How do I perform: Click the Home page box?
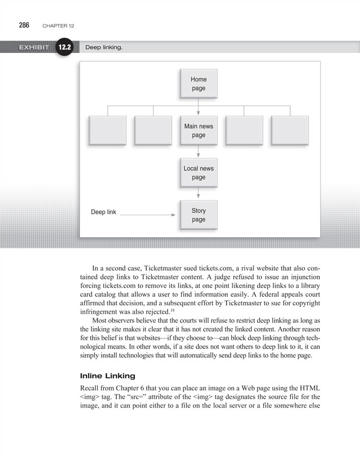(x=199, y=83)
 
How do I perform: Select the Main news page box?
(x=199, y=131)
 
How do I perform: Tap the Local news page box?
(x=199, y=173)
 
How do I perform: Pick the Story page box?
(x=199, y=215)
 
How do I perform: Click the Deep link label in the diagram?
(x=103, y=212)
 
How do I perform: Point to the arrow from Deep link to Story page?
(x=148, y=215)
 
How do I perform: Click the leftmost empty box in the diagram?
(x=107, y=131)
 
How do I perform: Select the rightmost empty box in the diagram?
(x=290, y=131)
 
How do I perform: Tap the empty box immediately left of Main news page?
(x=153, y=131)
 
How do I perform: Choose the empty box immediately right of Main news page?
(x=244, y=131)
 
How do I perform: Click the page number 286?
(x=24, y=25)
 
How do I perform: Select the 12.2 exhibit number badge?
(x=66, y=48)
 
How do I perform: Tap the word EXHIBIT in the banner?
(x=34, y=48)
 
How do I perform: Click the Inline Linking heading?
(x=107, y=376)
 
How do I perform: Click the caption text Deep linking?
(x=104, y=48)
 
